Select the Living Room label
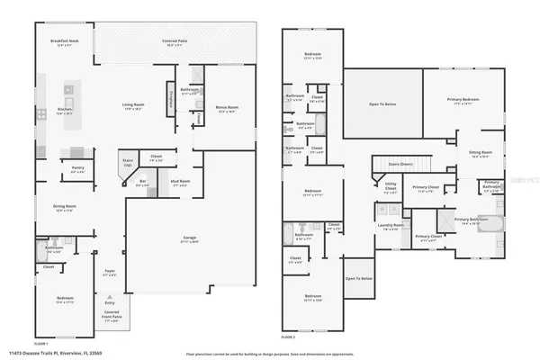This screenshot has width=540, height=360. click(134, 107)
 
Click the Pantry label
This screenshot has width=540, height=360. click(78, 169)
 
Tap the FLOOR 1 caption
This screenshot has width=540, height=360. click(42, 344)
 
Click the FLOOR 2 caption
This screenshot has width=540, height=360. click(288, 337)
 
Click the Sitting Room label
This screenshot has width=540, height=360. click(481, 154)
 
